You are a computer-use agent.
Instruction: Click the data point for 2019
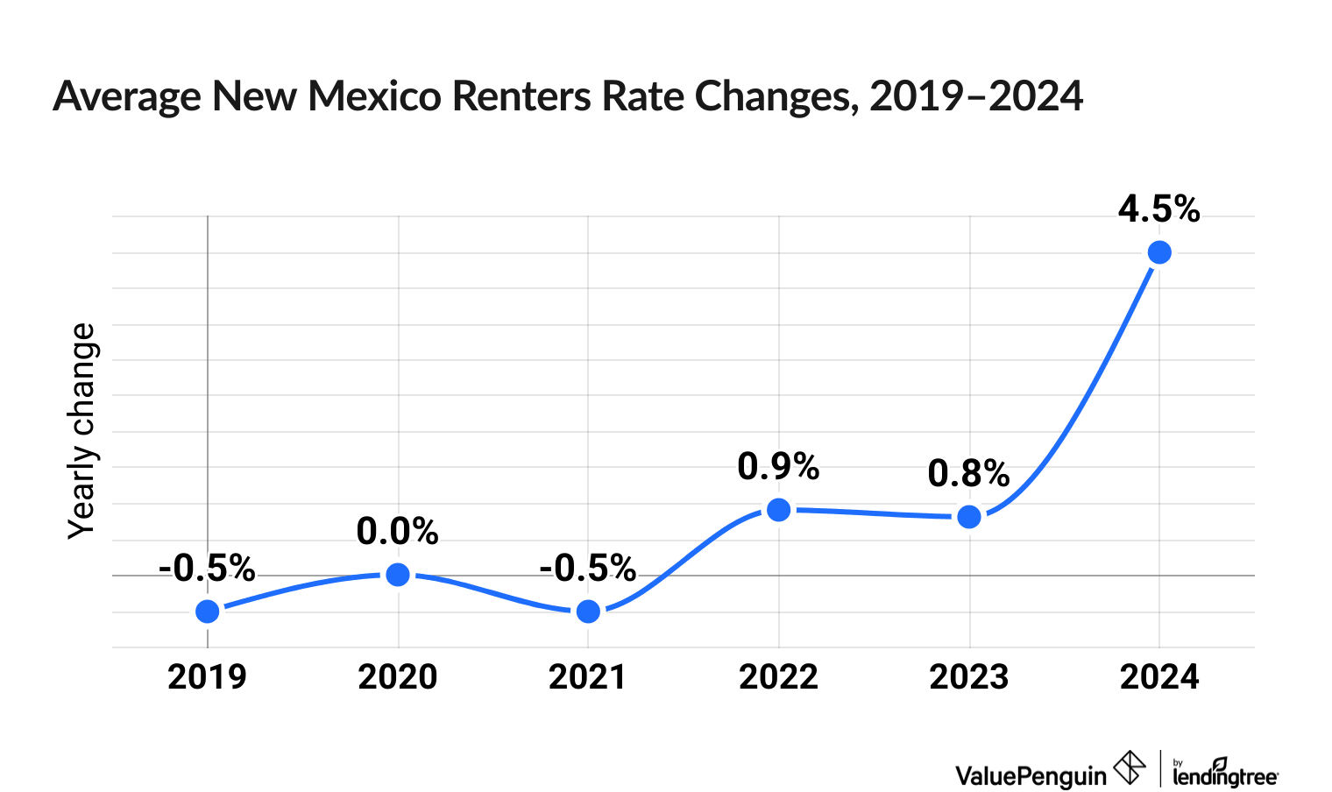point(208,611)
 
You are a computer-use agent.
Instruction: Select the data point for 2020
point(398,575)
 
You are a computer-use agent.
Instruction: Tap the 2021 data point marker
point(589,611)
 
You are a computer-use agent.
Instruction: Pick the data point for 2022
point(778,509)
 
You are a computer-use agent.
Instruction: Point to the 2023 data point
point(969,517)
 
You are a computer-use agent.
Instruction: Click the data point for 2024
point(1159,252)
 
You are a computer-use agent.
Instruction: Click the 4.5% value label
point(1158,209)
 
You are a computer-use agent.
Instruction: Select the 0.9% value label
point(778,466)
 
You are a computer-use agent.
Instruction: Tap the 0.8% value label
point(968,474)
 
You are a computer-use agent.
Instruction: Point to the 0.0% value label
point(397,532)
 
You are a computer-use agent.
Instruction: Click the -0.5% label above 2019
point(207,569)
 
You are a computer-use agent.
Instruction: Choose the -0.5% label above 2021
point(587,569)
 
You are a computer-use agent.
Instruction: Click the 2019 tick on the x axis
point(207,677)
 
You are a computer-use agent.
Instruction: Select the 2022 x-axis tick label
point(778,677)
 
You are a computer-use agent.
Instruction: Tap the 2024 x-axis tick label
point(1159,677)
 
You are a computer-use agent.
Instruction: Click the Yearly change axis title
point(81,431)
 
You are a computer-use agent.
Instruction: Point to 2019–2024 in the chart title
point(976,96)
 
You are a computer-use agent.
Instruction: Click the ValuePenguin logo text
point(1031,775)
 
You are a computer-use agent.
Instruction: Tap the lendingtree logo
point(1225,774)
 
